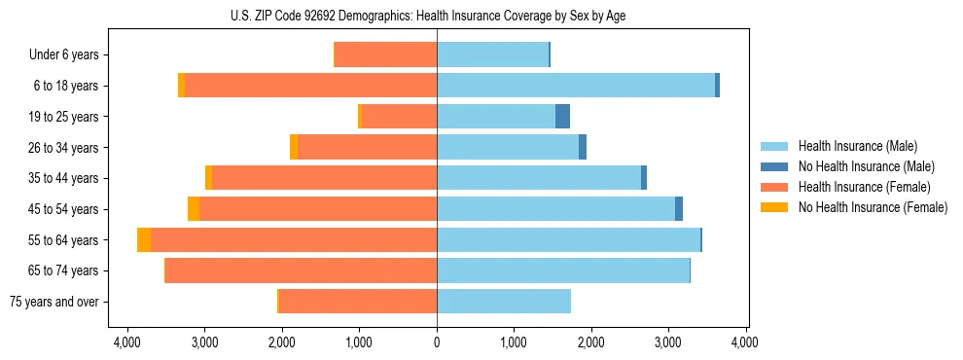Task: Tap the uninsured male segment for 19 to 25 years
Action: (x=562, y=117)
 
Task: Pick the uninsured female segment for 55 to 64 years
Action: (x=144, y=239)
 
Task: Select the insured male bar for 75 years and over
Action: (x=504, y=302)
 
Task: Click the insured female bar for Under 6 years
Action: (x=385, y=54)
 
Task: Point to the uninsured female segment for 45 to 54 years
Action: (x=194, y=209)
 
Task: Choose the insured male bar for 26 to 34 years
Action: (x=508, y=147)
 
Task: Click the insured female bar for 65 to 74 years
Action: (x=302, y=270)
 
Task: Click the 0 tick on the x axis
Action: (x=437, y=342)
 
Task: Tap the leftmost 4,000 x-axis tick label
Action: (x=127, y=342)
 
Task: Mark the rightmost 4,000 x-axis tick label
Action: (x=746, y=342)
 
